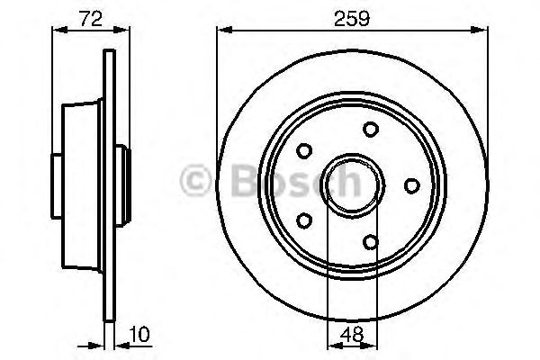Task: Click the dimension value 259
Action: (x=352, y=18)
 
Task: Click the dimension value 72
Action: (x=91, y=19)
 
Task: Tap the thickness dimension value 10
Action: (x=139, y=334)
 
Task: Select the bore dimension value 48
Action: (x=352, y=335)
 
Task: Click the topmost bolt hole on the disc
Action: (x=371, y=130)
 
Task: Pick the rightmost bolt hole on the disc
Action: (x=412, y=185)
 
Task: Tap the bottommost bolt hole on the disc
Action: (x=371, y=242)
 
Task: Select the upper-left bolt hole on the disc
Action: (x=304, y=151)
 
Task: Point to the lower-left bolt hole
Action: (x=304, y=220)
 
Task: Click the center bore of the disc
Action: (x=352, y=185)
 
